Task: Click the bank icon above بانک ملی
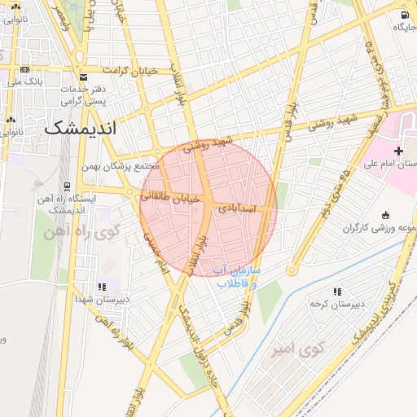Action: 24,69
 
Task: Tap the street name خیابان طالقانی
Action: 167,196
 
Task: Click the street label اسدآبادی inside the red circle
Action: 237,209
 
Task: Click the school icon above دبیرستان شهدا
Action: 102,287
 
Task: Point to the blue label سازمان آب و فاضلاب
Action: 236,276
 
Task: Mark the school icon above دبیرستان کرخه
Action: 336,292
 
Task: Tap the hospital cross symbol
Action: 397,151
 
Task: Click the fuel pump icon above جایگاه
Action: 404,15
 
